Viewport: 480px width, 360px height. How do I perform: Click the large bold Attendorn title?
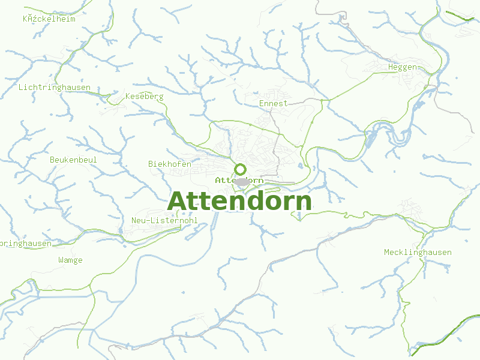click(x=240, y=201)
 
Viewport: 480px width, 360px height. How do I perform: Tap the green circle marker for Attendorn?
click(x=240, y=169)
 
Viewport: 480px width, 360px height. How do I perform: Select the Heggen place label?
click(x=403, y=67)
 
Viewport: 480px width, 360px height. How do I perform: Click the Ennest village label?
click(x=273, y=103)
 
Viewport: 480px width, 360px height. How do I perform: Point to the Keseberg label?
click(x=144, y=96)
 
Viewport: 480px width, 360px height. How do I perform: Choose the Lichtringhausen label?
click(x=55, y=87)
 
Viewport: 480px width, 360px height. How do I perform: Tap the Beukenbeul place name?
click(x=73, y=160)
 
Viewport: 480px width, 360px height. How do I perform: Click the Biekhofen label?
click(x=170, y=164)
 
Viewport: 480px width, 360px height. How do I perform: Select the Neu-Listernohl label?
click(x=164, y=220)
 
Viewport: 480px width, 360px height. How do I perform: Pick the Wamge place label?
click(x=70, y=260)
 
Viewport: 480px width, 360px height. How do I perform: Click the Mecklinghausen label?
click(x=418, y=252)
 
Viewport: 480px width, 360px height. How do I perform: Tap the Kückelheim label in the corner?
click(x=49, y=18)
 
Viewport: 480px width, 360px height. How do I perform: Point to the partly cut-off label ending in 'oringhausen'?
click(x=26, y=243)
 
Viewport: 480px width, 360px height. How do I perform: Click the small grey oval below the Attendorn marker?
click(x=241, y=182)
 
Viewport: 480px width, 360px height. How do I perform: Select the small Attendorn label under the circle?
click(x=239, y=180)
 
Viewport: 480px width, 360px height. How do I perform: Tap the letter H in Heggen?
click(x=391, y=67)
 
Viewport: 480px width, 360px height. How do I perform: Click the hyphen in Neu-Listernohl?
click(x=149, y=220)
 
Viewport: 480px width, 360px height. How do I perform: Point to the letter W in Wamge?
click(x=61, y=260)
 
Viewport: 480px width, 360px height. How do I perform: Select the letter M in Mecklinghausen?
click(x=387, y=252)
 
